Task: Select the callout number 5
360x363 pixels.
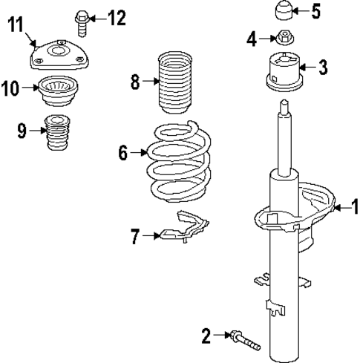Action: coord(315,11)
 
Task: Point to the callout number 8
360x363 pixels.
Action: coord(135,81)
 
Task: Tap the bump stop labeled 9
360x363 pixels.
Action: coord(54,134)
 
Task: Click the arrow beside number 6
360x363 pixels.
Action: coord(139,154)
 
